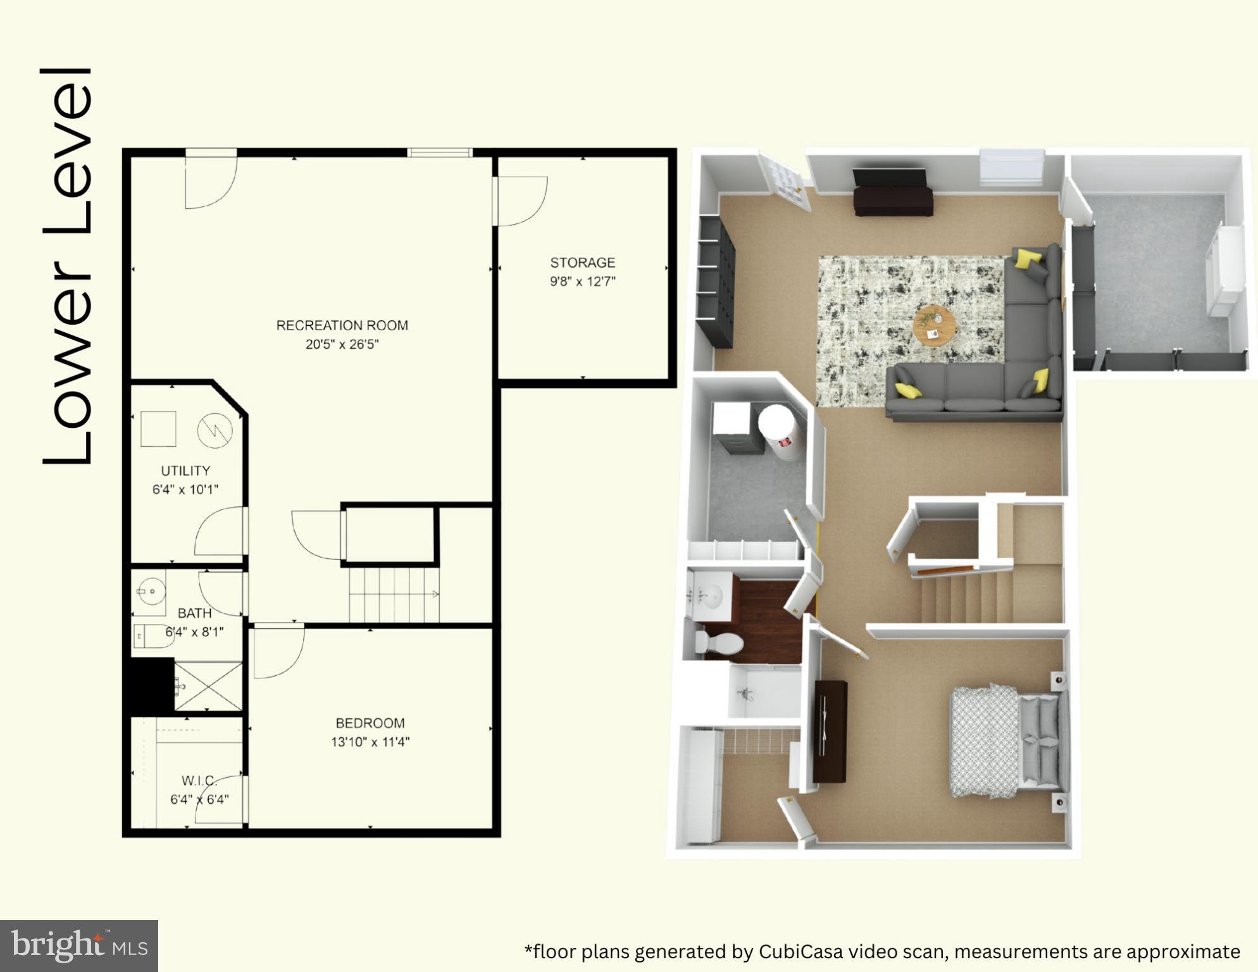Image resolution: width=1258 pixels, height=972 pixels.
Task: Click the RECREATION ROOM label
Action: pos(342,325)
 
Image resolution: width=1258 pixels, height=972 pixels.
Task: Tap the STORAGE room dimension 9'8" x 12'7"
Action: pos(582,282)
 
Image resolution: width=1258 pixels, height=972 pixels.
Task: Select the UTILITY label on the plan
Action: pos(185,471)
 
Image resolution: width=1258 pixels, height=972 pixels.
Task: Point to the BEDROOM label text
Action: pos(370,723)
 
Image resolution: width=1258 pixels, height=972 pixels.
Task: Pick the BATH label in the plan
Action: pos(194,613)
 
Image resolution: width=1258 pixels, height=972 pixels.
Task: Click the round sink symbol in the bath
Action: pos(151,592)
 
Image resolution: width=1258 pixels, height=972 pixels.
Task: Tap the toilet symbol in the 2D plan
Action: pos(154,636)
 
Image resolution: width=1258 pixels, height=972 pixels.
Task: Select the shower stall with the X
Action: pos(208,687)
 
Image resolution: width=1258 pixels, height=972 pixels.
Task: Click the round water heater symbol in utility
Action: pos(215,430)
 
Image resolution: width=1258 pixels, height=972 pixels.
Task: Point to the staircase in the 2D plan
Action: pos(394,595)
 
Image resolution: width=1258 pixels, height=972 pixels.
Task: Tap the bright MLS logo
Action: pos(79,946)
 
